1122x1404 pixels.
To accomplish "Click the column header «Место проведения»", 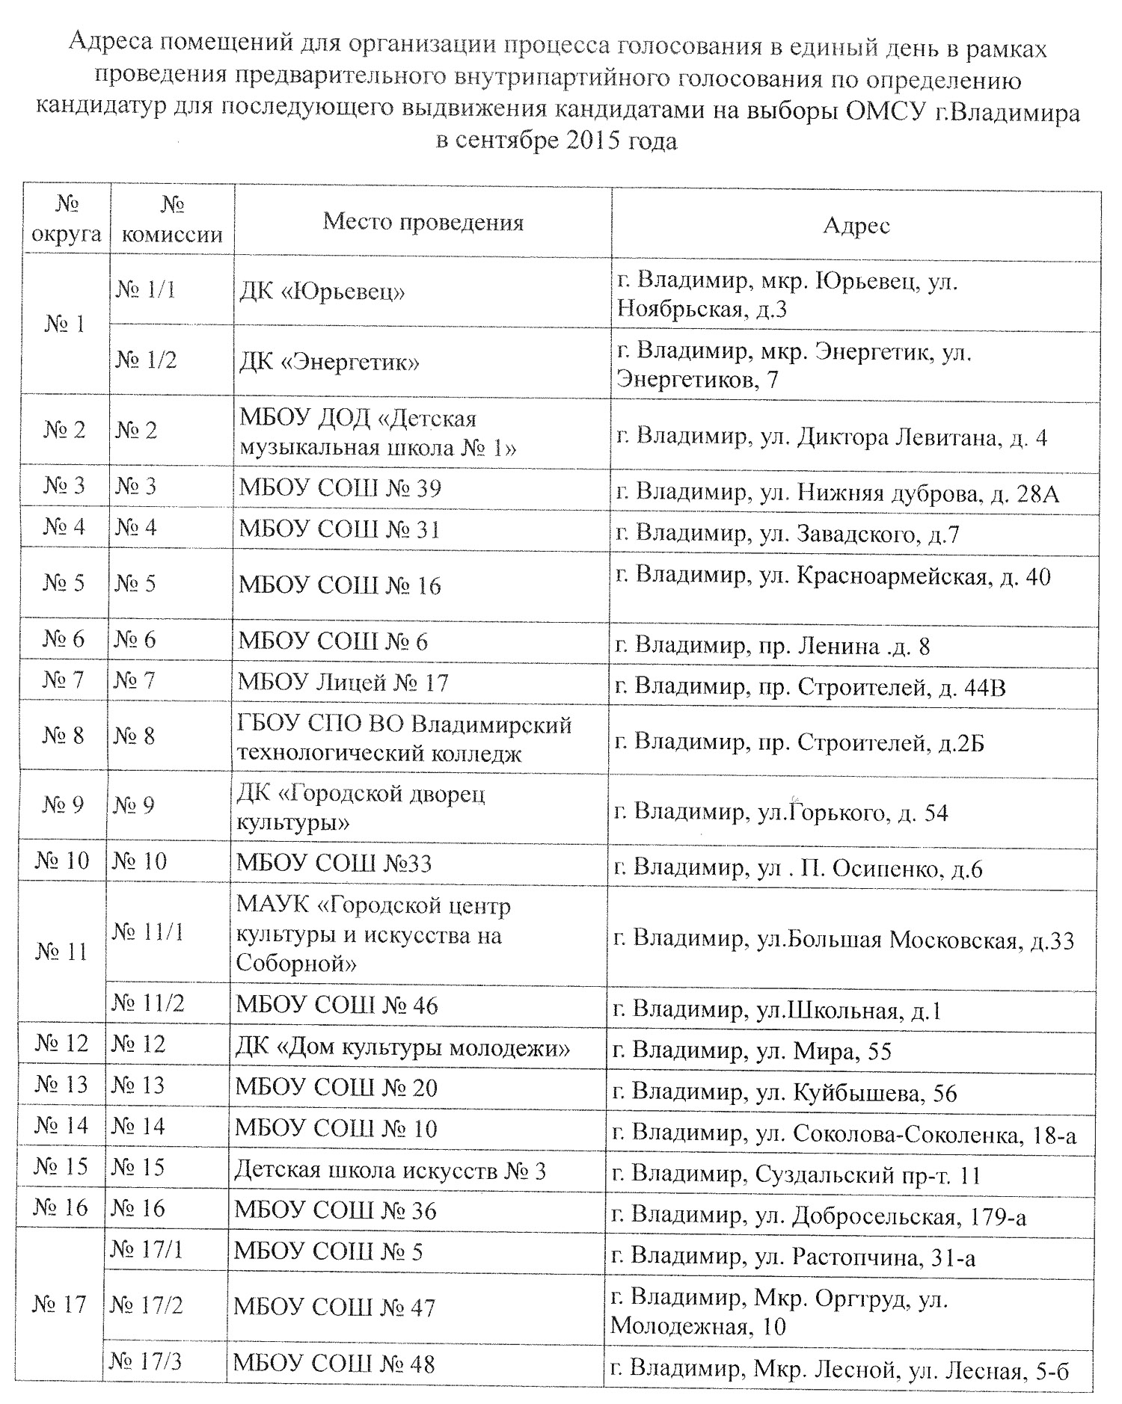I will [423, 222].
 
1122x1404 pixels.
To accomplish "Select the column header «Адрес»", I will [856, 225].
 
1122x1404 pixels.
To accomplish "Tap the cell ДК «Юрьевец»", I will [322, 291].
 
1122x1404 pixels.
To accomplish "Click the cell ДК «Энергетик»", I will [328, 362].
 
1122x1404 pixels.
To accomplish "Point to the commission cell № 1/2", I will [146, 360].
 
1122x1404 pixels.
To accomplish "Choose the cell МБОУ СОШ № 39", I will [340, 488].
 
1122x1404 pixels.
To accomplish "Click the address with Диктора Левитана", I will [830, 437].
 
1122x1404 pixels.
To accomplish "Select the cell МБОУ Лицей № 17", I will [343, 682].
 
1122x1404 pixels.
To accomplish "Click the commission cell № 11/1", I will [147, 932].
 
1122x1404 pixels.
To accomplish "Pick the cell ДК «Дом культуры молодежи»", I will [402, 1048].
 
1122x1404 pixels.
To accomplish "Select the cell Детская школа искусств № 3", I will [390, 1170].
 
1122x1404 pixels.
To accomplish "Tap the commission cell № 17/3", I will [145, 1361].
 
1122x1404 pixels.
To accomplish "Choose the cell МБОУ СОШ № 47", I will [334, 1307].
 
